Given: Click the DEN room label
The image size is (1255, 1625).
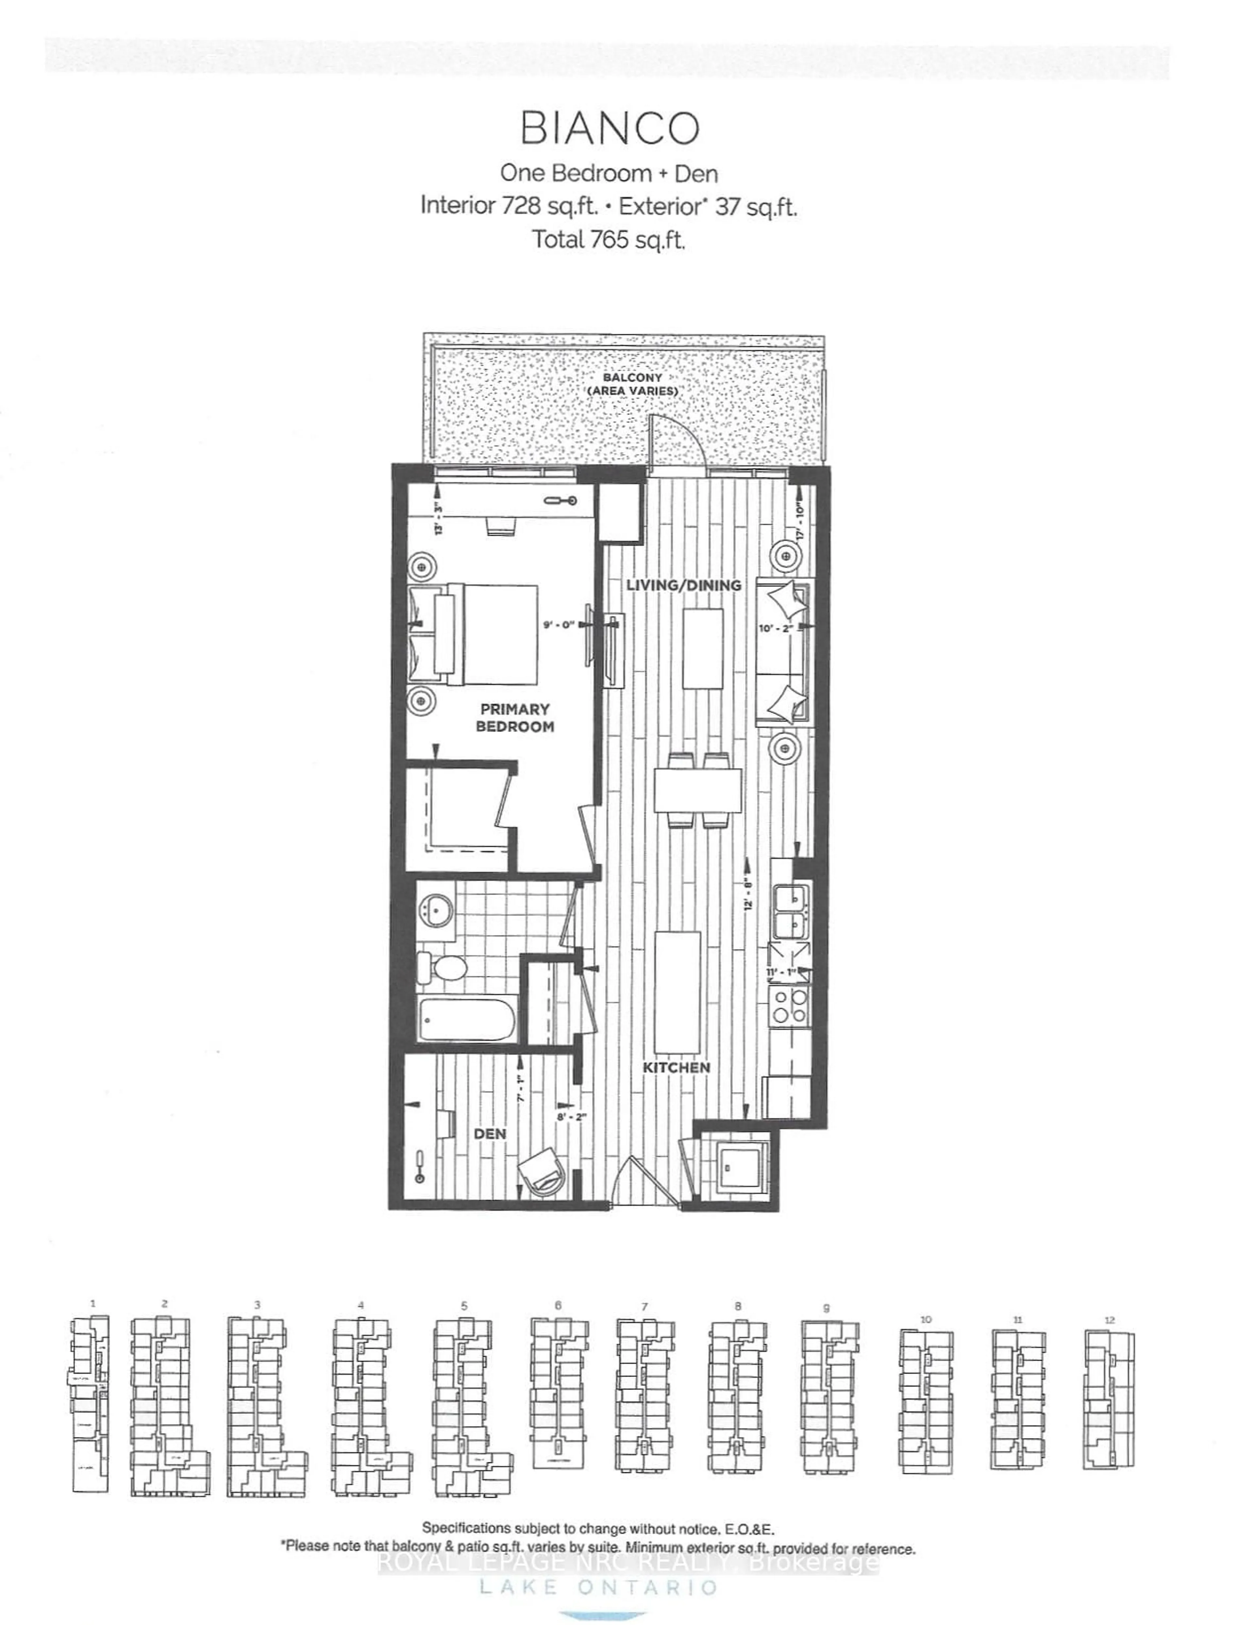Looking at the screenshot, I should [490, 1133].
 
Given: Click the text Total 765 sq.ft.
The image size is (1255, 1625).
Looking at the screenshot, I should [608, 240].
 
